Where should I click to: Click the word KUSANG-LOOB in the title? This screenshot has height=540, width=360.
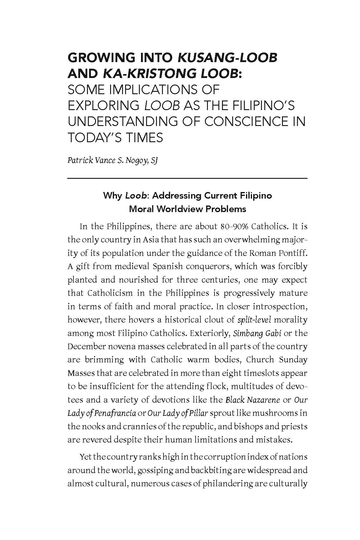click(228, 58)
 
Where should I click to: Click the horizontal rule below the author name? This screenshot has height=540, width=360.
click(187, 178)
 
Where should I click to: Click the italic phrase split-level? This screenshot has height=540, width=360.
click(254, 320)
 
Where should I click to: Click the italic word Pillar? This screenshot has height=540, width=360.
click(198, 413)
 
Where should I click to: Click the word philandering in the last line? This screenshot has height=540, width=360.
click(228, 483)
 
